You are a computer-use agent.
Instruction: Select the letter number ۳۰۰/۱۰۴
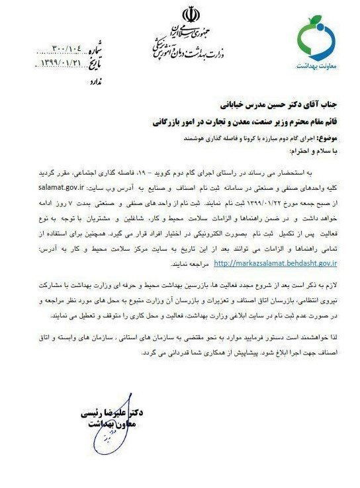coord(65,50)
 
